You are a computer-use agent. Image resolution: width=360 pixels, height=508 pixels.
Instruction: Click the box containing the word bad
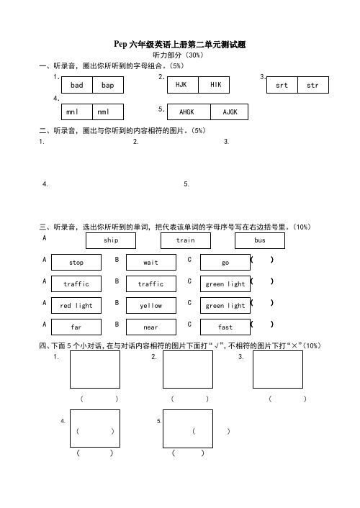pyautogui.click(x=77, y=85)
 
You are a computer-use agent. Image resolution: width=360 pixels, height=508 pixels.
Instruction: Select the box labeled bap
pyautogui.click(x=108, y=85)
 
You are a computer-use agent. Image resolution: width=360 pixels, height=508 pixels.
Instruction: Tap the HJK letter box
pyautogui.click(x=183, y=85)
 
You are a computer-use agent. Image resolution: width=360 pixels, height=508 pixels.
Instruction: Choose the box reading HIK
pyautogui.click(x=214, y=85)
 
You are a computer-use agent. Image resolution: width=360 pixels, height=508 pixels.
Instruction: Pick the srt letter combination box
pyautogui.click(x=282, y=85)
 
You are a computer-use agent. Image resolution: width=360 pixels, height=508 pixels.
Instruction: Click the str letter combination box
pyautogui.click(x=313, y=85)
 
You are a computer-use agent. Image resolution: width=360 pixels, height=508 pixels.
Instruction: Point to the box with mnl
pyautogui.click(x=77, y=112)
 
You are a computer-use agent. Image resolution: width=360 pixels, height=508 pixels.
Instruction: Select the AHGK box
pyautogui.click(x=189, y=112)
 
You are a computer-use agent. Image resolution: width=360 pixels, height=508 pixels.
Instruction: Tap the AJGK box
pyautogui.click(x=229, y=112)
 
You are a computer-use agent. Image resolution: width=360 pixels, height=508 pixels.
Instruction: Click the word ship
pyautogui.click(x=111, y=240)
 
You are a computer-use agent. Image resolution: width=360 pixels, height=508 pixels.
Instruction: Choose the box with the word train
pyautogui.click(x=186, y=240)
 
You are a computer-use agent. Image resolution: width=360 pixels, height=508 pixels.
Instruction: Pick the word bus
pyautogui.click(x=260, y=240)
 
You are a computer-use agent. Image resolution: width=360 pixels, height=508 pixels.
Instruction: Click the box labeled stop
pyautogui.click(x=76, y=262)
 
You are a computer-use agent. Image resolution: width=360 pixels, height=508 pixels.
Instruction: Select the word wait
pyautogui.click(x=150, y=262)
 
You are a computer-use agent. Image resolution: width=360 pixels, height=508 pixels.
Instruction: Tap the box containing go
pyautogui.click(x=225, y=262)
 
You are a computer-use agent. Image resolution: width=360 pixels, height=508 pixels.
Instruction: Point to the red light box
pyautogui.click(x=76, y=305)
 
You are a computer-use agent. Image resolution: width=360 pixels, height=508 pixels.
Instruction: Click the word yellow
pyautogui.click(x=150, y=305)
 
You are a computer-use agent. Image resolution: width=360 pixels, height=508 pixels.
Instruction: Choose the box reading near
pyautogui.click(x=150, y=327)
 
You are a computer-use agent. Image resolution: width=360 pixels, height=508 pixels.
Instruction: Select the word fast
pyautogui.click(x=225, y=327)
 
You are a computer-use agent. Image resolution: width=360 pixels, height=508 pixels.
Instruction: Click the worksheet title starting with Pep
pyautogui.click(x=180, y=44)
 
